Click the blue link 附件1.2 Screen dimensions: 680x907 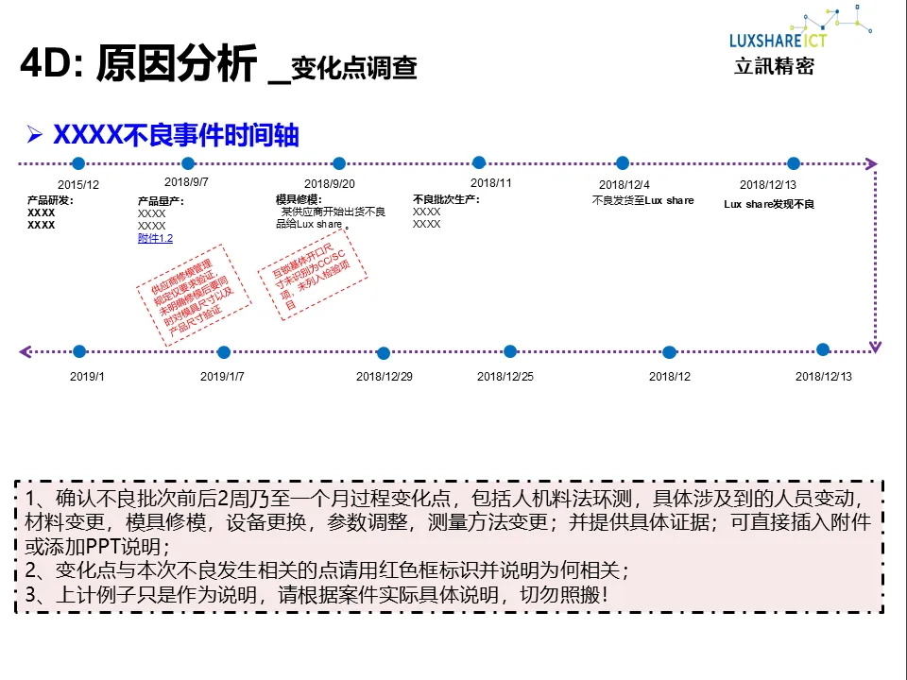pos(155,239)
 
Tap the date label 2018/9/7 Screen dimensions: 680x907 pos(187,181)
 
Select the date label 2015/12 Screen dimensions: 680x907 pos(77,185)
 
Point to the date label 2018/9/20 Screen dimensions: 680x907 pos(330,184)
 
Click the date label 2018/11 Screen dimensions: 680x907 pos(491,183)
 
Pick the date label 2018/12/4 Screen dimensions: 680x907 pos(625,185)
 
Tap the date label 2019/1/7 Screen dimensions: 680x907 pos(222,376)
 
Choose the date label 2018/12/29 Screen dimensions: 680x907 pos(384,376)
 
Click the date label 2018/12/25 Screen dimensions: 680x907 pos(505,376)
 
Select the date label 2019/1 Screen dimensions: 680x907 pos(87,376)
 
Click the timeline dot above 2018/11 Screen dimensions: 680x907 pos(479,162)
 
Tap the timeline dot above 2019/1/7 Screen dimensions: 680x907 pos(224,352)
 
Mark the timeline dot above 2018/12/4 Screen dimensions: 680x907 pos(623,163)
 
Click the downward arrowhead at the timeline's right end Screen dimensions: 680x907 pos(875,347)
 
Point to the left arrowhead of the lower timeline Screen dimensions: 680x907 pos(25,352)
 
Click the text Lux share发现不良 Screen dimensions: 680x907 pos(769,204)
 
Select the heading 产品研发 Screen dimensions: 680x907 pos(50,200)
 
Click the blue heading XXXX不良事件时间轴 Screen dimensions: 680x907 pos(176,135)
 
